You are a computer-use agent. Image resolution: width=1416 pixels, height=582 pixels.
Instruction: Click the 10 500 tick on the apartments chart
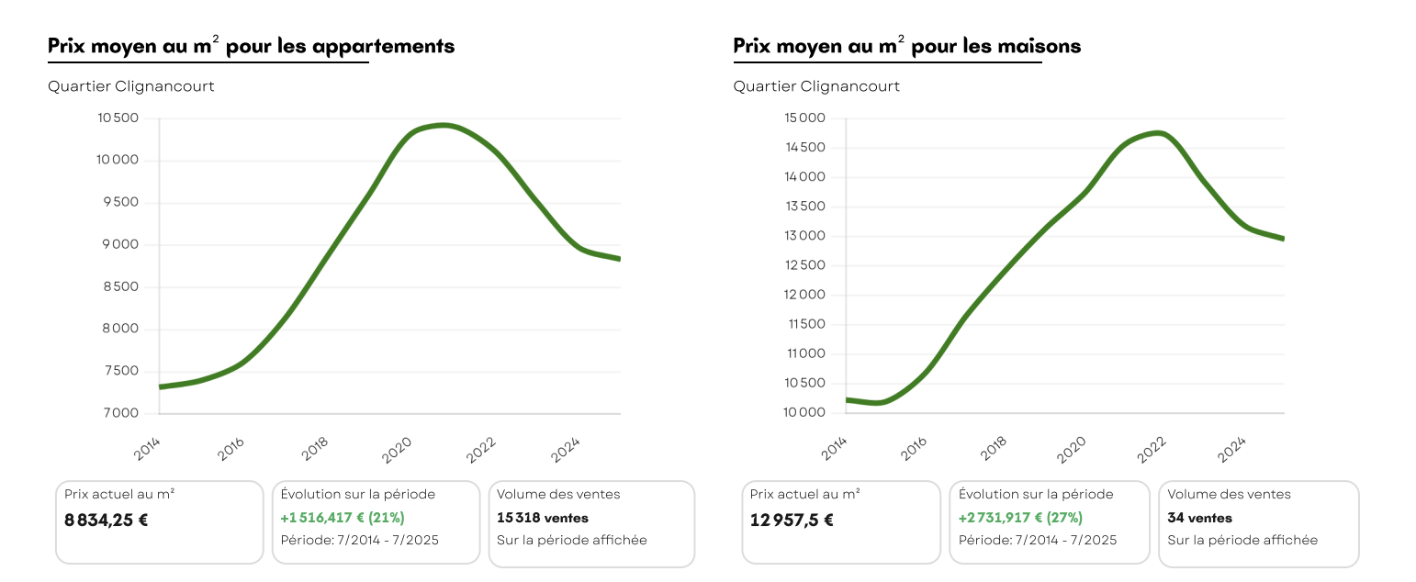[x=118, y=118]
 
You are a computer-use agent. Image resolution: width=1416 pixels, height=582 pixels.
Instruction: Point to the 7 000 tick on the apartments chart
[x=120, y=414]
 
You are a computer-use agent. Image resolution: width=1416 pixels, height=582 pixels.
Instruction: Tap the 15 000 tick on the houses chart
[x=806, y=118]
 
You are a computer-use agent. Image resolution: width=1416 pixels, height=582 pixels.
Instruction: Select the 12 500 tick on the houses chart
[x=806, y=265]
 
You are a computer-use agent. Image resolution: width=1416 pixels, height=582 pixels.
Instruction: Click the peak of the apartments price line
[x=444, y=125]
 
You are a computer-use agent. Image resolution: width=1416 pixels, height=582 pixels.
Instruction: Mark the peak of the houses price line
[x=1159, y=133]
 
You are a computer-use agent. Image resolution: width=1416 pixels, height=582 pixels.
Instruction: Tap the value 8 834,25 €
[x=107, y=520]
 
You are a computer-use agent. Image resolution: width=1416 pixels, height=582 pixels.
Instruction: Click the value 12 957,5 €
[x=792, y=520]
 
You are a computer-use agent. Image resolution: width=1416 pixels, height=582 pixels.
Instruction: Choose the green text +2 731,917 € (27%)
[x=1020, y=518]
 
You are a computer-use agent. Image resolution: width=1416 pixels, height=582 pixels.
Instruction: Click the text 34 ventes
[x=1199, y=518]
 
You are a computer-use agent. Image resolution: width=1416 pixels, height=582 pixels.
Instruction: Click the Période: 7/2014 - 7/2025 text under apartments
[x=359, y=540]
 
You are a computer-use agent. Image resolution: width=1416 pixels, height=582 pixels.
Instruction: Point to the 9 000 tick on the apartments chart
[x=120, y=245]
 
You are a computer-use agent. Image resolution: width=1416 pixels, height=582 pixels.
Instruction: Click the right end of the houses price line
[x=1282, y=238]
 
